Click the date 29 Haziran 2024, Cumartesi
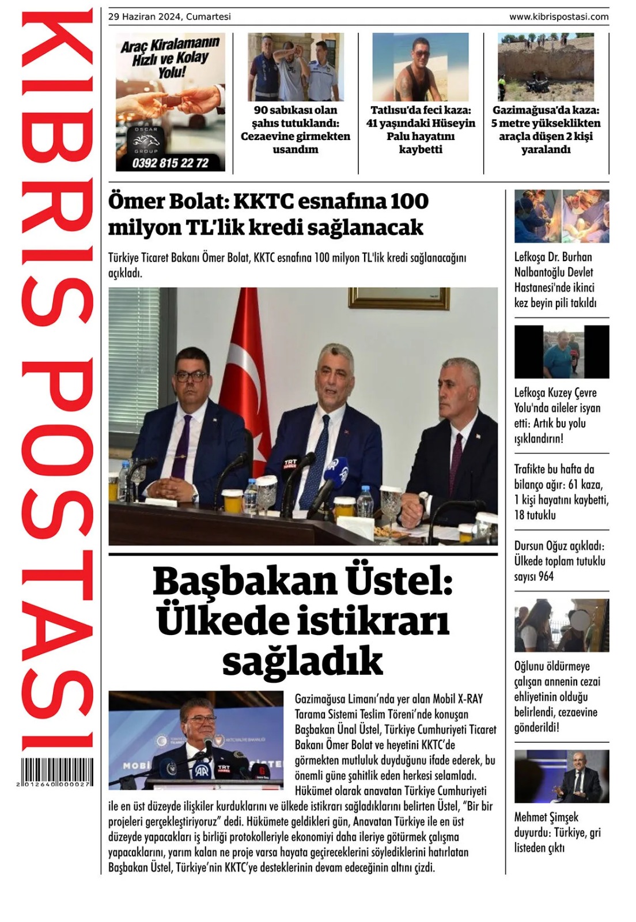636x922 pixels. (x=169, y=17)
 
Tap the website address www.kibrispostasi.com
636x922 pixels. (x=558, y=17)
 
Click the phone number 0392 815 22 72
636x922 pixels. (x=171, y=163)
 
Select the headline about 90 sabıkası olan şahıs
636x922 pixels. (x=295, y=130)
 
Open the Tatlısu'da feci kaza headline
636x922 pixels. (x=421, y=130)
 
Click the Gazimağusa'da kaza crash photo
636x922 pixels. (x=546, y=67)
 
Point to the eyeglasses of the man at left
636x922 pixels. (x=192, y=376)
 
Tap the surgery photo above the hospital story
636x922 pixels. (x=561, y=216)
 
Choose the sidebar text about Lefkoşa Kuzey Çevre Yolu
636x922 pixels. (x=557, y=415)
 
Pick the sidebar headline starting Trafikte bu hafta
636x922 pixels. (x=561, y=492)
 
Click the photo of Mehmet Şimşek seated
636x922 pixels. (x=561, y=776)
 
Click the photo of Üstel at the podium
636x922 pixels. (x=195, y=739)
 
